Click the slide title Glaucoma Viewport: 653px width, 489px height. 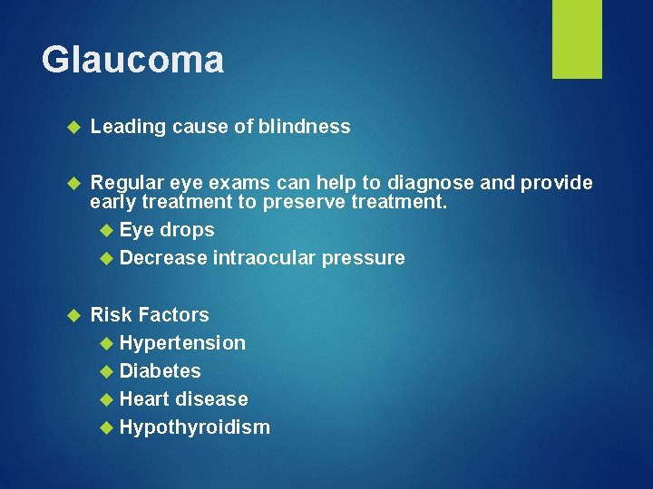pos(132,61)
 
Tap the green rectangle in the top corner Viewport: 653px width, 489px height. pos(578,38)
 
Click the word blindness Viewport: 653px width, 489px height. pos(304,127)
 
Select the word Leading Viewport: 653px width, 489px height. pos(127,127)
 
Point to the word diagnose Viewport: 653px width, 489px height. pos(429,183)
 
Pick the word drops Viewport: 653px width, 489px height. pos(188,230)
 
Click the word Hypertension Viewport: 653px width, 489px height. pos(182,343)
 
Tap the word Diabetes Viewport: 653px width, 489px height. pos(161,371)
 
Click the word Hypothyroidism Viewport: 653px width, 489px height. pos(195,427)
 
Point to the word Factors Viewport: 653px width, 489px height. pos(174,315)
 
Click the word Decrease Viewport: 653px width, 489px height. pos(163,258)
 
